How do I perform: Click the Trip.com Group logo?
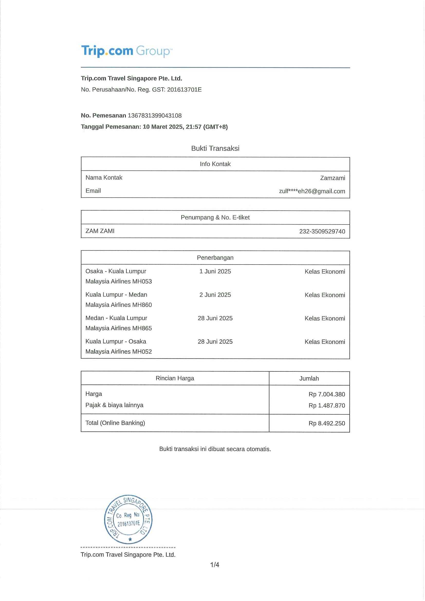pos(127,51)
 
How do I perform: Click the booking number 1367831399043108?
pos(154,115)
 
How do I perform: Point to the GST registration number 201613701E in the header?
pos(184,90)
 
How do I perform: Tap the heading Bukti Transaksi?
pos(215,148)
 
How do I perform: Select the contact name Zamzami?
pos(332,178)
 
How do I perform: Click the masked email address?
pos(312,191)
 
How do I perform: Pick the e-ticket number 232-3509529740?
pos(322,231)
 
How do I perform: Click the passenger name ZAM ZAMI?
pos(100,231)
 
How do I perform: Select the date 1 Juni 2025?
pos(215,271)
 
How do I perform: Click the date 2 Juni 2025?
pos(215,295)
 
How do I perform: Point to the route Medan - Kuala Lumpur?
pos(116,318)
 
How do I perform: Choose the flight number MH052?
pos(142,352)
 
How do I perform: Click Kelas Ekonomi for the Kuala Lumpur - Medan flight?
pos(325,295)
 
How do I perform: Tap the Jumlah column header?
pos(309,379)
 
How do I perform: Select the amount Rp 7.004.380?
pos(327,394)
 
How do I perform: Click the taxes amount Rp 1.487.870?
pos(327,406)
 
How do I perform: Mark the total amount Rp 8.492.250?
pos(327,423)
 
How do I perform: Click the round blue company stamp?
pos(128,519)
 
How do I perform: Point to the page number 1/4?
pos(215,565)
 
